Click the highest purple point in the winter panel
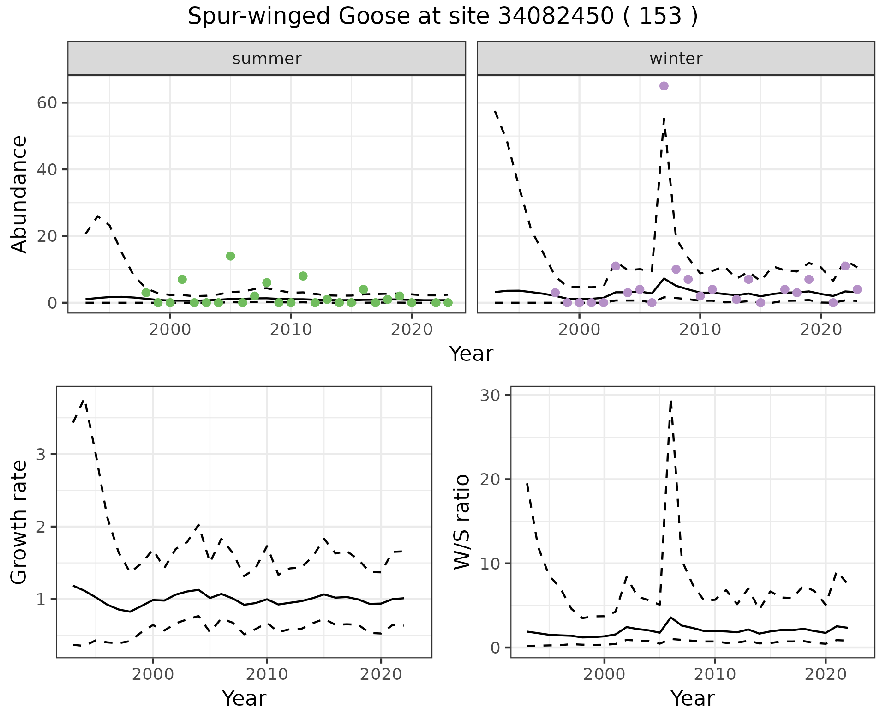[x=664, y=86]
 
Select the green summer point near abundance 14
[x=231, y=256]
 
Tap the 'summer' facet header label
[x=267, y=59]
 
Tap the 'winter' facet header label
[x=676, y=59]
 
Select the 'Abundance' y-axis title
[x=19, y=194]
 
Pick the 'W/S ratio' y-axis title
[x=462, y=522]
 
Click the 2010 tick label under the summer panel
[x=291, y=330]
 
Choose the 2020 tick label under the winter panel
[x=821, y=330]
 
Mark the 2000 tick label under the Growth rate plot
[x=153, y=674]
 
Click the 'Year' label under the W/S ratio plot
[x=693, y=698]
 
